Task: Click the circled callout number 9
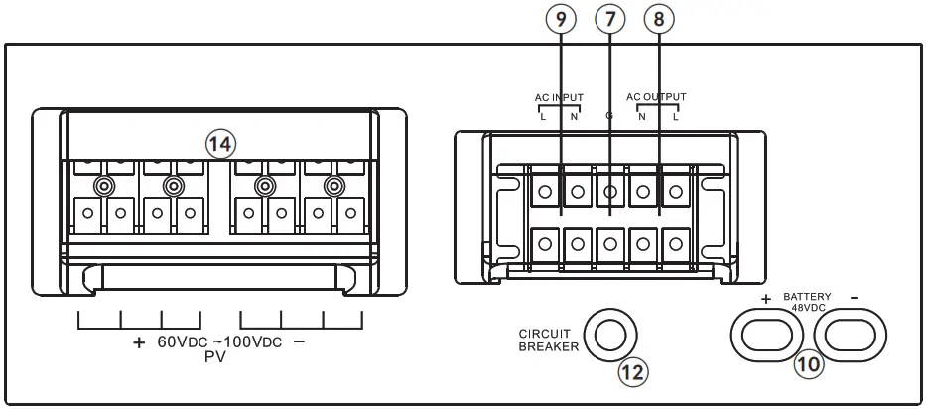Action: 562,18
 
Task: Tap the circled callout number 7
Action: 609,18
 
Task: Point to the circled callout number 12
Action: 631,372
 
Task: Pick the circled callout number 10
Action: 808,364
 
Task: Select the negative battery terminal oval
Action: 854,334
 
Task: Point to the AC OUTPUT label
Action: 656,96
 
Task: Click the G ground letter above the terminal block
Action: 608,116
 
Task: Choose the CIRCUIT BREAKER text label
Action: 547,339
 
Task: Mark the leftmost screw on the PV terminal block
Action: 101,185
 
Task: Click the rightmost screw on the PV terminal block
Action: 334,185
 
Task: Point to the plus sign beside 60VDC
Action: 138,342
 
